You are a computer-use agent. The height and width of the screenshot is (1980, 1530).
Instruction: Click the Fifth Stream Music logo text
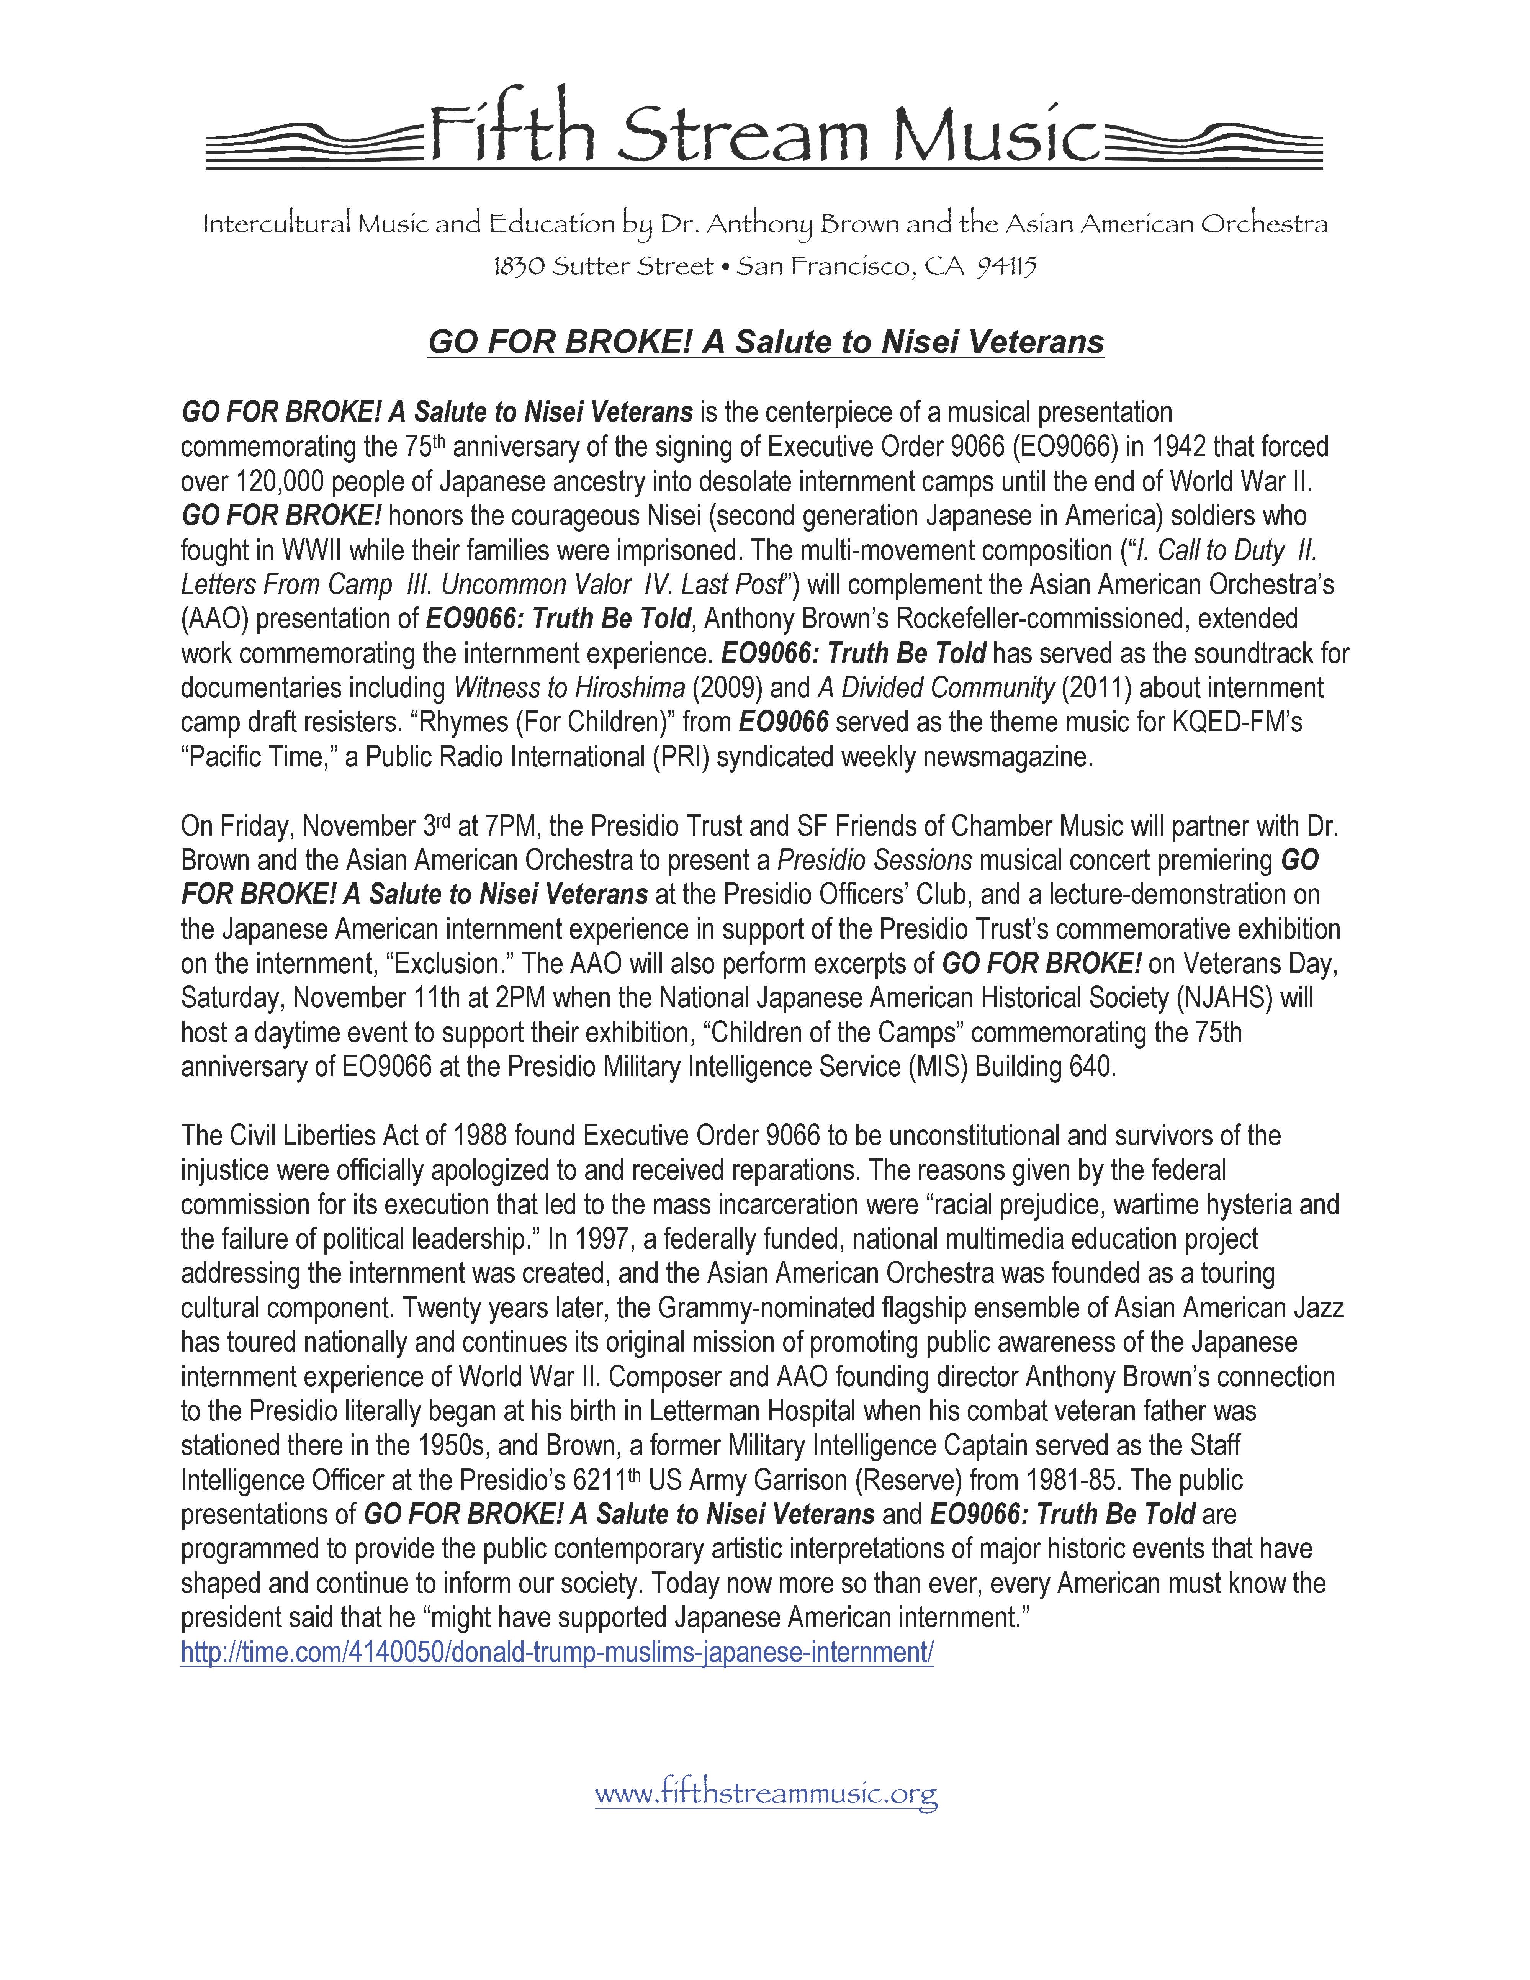[764, 133]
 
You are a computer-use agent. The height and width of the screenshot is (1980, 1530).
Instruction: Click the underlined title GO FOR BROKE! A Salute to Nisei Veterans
[766, 342]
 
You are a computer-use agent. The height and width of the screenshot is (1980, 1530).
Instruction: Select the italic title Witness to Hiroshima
[569, 688]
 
